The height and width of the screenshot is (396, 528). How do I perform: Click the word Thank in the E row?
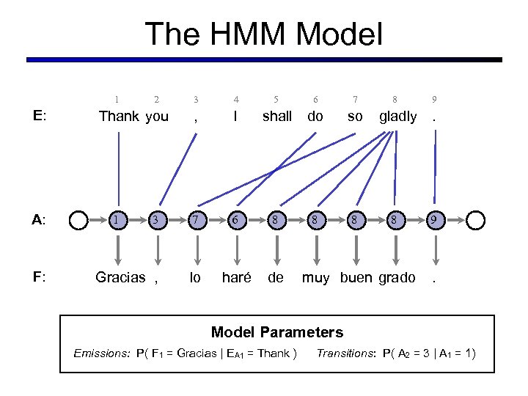119,116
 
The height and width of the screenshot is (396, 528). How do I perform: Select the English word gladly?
397,116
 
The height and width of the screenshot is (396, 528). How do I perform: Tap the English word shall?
277,116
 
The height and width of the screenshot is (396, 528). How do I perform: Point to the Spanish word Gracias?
120,277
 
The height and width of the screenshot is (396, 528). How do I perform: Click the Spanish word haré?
236,277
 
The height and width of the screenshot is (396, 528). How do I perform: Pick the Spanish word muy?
316,277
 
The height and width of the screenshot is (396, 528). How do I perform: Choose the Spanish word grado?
397,277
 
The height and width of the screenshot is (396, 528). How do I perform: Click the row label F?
40,277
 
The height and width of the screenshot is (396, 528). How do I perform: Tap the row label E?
40,116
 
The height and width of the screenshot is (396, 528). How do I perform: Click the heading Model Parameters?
277,332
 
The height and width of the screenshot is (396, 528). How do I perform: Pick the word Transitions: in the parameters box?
346,354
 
